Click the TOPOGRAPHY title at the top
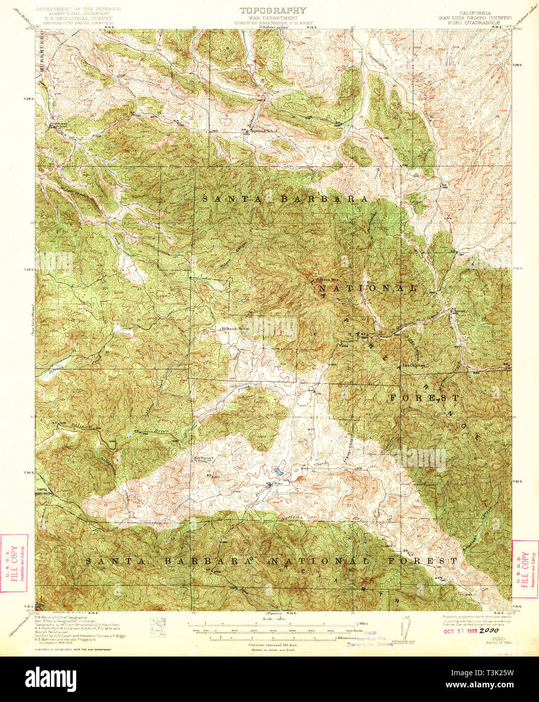click(x=273, y=10)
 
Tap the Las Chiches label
click(x=413, y=365)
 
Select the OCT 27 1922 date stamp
click(x=461, y=630)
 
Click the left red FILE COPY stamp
click(x=14, y=563)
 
